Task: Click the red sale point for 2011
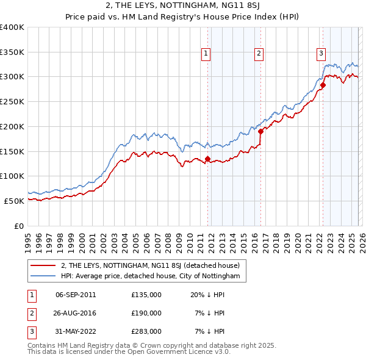pos(207,159)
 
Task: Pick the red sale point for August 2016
pos(260,131)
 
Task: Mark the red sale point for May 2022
pos(323,85)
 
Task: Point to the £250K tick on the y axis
pos(12,101)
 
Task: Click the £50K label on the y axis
pos(15,200)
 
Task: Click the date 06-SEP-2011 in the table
pos(76,295)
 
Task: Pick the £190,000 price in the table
pos(146,313)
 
